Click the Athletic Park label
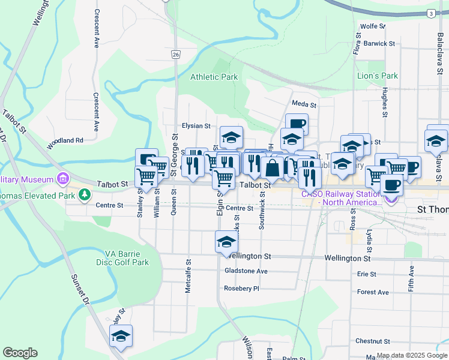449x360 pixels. (214, 77)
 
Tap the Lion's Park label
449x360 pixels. (378, 76)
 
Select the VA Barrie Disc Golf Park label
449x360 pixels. (122, 258)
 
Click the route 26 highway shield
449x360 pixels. (175, 55)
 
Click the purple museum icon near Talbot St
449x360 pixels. (62, 179)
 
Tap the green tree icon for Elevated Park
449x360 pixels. (85, 194)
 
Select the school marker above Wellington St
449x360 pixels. (227, 242)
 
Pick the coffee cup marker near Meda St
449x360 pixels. (297, 124)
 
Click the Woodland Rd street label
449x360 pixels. (67, 140)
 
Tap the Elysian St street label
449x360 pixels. (197, 127)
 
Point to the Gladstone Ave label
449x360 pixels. (246, 271)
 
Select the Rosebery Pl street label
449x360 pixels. (241, 289)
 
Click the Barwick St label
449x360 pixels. (379, 44)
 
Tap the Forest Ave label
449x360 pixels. (373, 293)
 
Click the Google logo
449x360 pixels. (20, 353)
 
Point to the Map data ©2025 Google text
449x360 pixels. (411, 356)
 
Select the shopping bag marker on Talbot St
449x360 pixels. (273, 168)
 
